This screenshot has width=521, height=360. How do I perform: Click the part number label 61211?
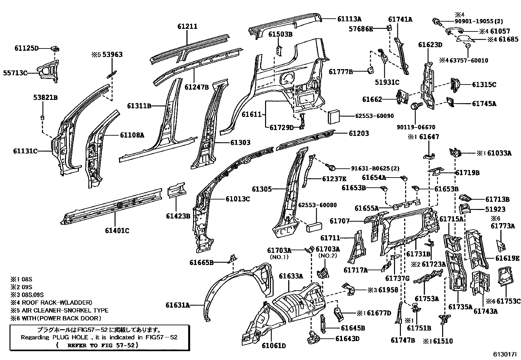[188, 26]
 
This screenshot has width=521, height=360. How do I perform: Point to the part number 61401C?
[117, 231]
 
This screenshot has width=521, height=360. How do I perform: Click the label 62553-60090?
[374, 116]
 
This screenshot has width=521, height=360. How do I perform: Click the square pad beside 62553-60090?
[334, 116]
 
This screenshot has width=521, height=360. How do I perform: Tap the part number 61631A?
[177, 305]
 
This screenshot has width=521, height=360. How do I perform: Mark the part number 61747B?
[403, 340]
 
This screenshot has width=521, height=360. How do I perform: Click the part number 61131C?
[25, 151]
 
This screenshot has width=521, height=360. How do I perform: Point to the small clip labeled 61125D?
[55, 49]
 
